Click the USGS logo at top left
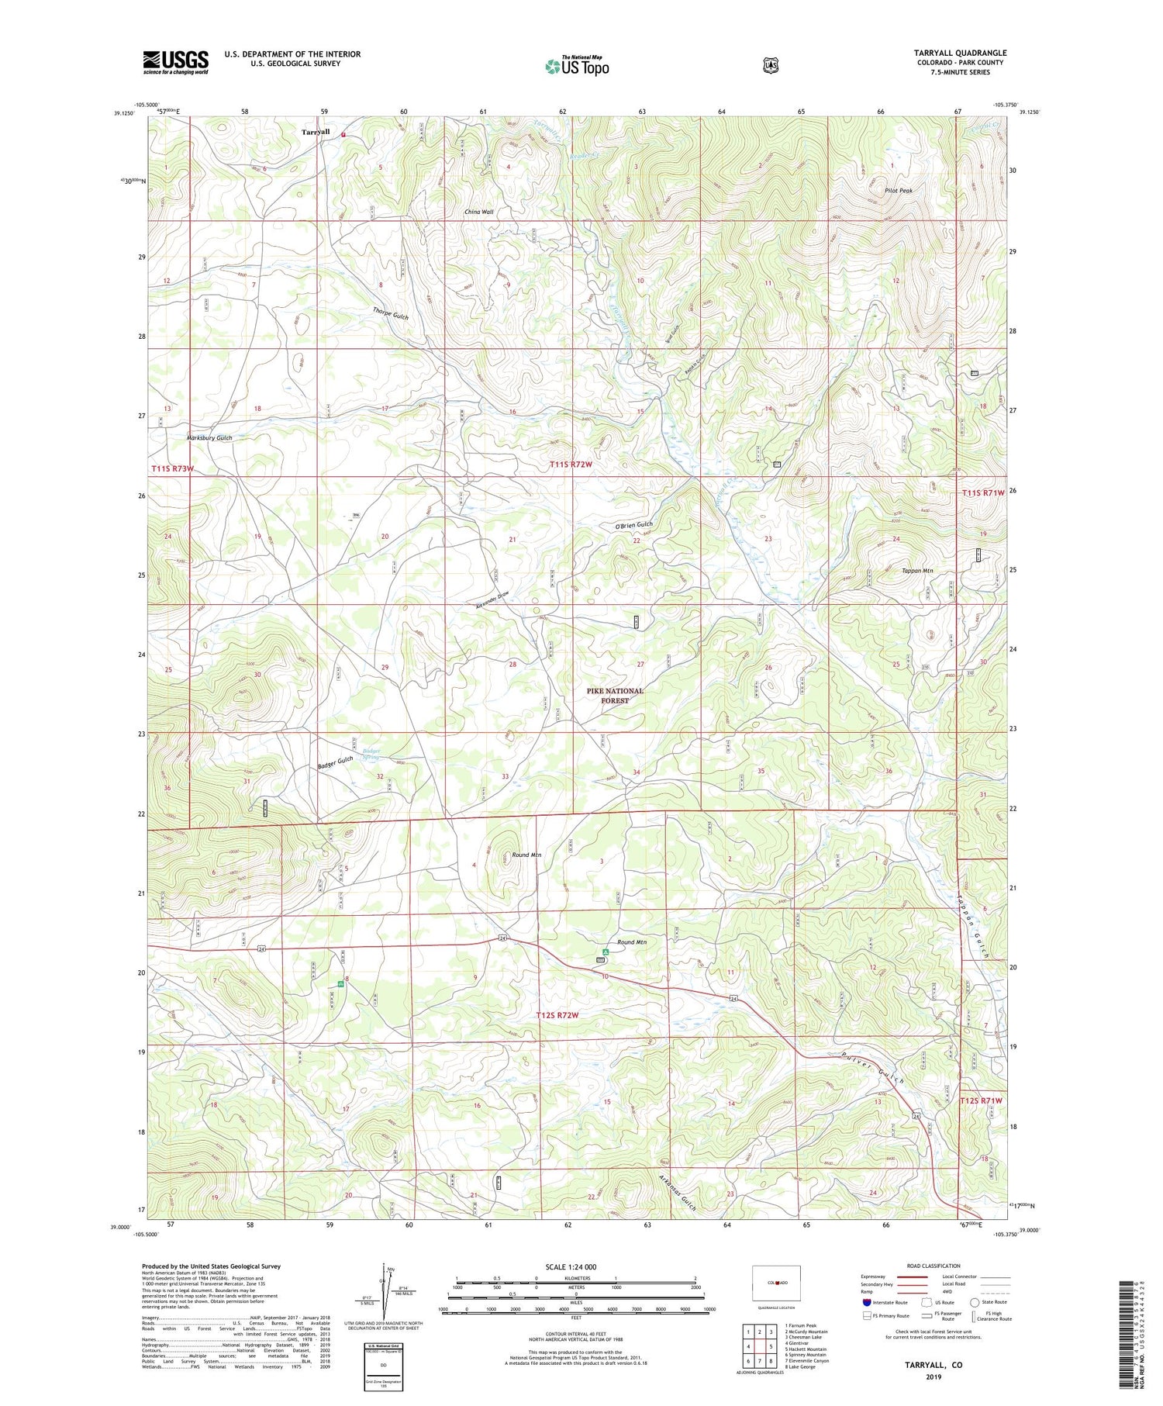tap(176, 62)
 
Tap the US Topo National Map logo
tap(577, 66)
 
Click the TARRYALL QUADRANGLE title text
tap(960, 53)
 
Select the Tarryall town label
tap(316, 133)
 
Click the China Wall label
tap(478, 212)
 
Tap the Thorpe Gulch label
tap(390, 313)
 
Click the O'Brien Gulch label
tap(633, 525)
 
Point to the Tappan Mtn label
tap(916, 570)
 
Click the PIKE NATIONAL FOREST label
tap(615, 696)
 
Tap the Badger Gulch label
tap(335, 762)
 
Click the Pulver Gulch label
tap(874, 1068)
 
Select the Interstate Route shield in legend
tap(867, 1302)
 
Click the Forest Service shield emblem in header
tap(770, 66)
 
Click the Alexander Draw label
tap(492, 600)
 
